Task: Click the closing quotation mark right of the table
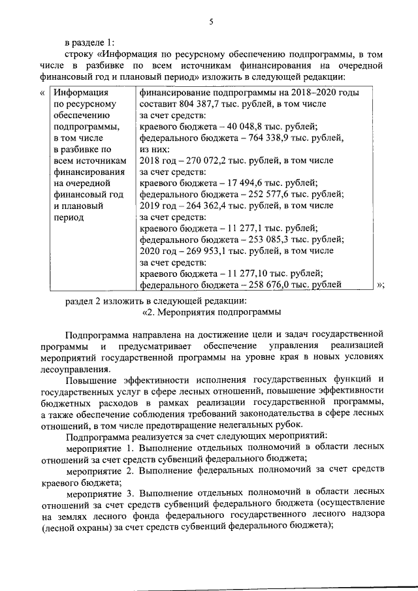379,285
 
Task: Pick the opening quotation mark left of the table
43,93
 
